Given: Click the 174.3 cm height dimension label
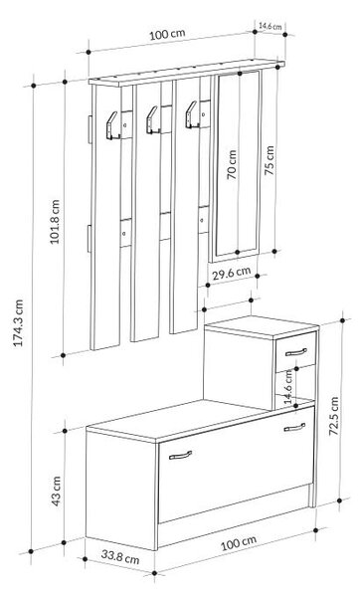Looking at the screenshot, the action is (19, 323).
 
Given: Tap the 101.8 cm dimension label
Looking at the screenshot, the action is (55, 222).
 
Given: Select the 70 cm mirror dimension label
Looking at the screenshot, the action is (232, 164).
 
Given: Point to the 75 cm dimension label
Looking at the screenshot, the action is (270, 160).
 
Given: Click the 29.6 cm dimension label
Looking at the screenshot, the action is (232, 273).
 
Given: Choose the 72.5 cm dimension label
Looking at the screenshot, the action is (334, 416).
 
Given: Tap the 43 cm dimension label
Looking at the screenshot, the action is (56, 492).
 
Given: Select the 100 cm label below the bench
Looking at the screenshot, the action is (239, 542).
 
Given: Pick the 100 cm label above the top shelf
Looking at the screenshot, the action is (167, 34).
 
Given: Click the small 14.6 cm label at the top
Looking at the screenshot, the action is (270, 26).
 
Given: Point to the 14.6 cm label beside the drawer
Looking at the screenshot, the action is (288, 386).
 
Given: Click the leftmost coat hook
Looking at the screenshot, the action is (113, 125).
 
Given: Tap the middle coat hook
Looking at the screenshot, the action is (153, 120).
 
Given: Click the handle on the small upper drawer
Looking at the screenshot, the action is (296, 352).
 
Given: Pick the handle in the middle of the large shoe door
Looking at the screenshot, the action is (180, 455).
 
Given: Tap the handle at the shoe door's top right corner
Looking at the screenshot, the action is (294, 427).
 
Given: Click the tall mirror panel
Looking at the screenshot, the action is (237, 164).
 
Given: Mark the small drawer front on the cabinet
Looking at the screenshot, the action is (296, 352).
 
